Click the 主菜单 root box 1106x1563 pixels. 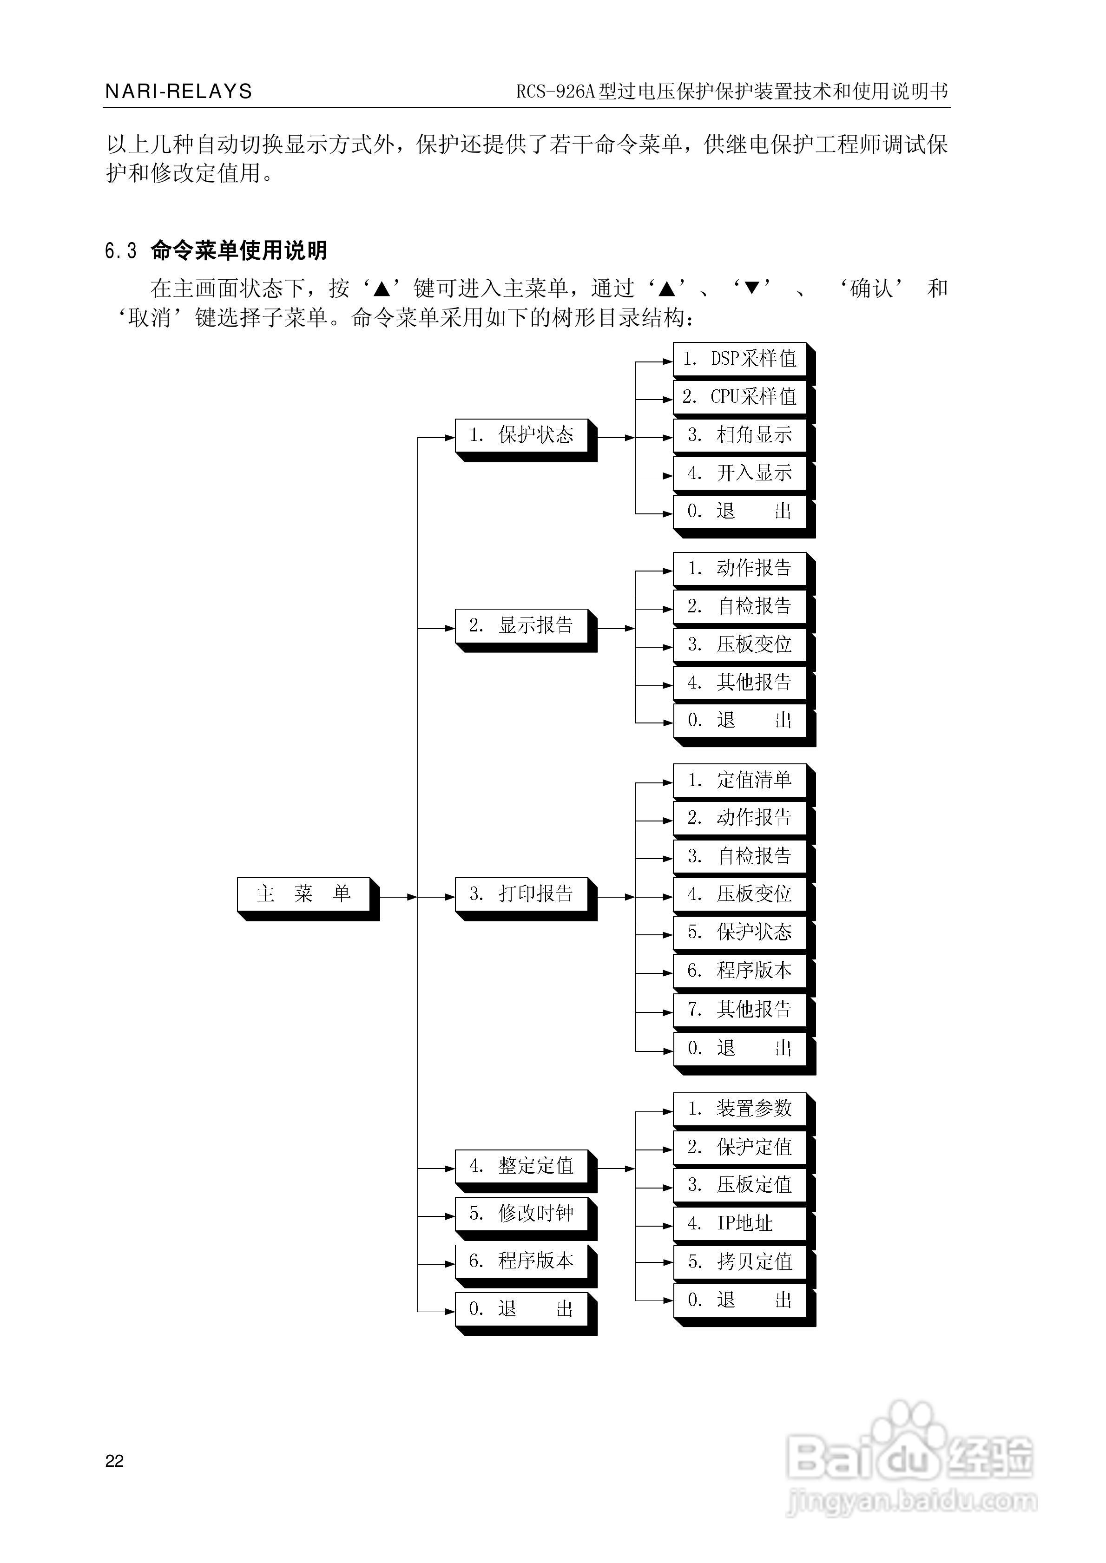(304, 894)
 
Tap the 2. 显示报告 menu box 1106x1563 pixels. (522, 625)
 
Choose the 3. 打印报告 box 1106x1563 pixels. (522, 894)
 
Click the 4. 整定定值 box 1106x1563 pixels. (522, 1165)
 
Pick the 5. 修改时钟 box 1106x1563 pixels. (522, 1213)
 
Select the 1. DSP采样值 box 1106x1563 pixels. (740, 359)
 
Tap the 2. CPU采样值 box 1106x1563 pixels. (740, 397)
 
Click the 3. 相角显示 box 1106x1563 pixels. (740, 434)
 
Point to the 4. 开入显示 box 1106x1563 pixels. (740, 473)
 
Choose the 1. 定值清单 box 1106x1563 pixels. (740, 780)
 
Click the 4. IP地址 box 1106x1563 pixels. (740, 1223)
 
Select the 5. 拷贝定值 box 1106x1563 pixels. (740, 1261)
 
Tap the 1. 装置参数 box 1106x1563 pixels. (740, 1108)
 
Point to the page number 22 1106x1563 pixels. (114, 1461)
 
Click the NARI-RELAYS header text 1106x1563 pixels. (178, 91)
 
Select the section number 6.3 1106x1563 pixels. (120, 251)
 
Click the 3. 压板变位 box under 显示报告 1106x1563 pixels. (740, 644)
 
